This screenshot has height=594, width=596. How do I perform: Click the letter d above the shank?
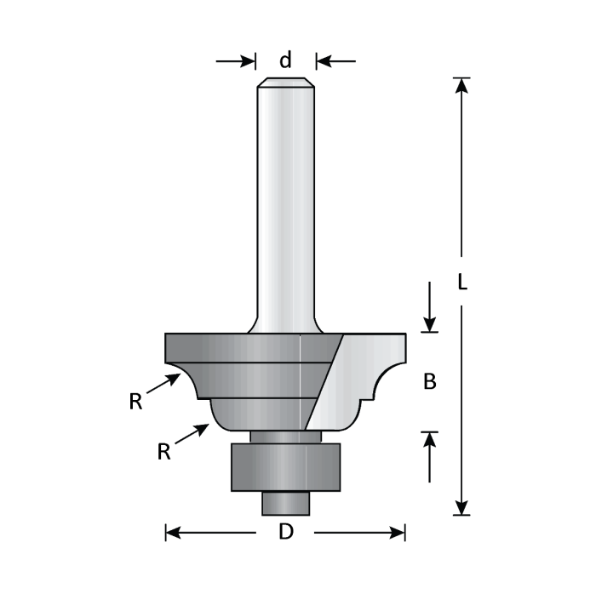coord(286,60)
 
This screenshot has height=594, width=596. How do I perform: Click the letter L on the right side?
coord(461,283)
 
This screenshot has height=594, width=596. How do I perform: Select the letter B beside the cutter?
coord(430,382)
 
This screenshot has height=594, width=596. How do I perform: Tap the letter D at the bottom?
coord(286,533)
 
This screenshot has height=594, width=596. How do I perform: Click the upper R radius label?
coord(135,402)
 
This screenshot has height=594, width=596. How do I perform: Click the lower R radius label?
coord(164,452)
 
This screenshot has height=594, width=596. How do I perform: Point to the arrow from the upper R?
coord(163,384)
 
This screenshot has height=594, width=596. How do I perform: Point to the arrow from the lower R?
coord(193,434)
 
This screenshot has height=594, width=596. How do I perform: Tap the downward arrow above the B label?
coord(430,322)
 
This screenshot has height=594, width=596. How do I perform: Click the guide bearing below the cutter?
coord(285,466)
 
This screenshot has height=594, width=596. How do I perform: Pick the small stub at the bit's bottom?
coord(285,503)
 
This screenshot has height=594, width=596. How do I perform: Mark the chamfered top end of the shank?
coord(286,83)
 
